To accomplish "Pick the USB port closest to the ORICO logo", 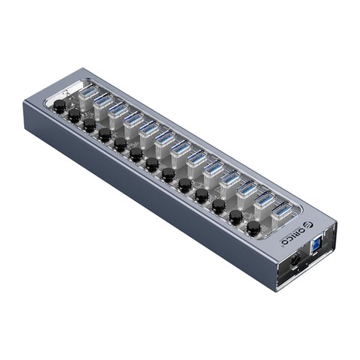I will pos(280,211).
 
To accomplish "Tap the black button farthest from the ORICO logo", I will pos(59,107).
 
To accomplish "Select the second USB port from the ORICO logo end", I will pos(263,200).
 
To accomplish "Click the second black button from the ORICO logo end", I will pos(235,216).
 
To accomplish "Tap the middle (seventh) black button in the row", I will pos(152,164).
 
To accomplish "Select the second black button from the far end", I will pos(74,115).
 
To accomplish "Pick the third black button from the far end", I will pos(89,125).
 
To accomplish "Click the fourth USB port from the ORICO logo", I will pos(229,179).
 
